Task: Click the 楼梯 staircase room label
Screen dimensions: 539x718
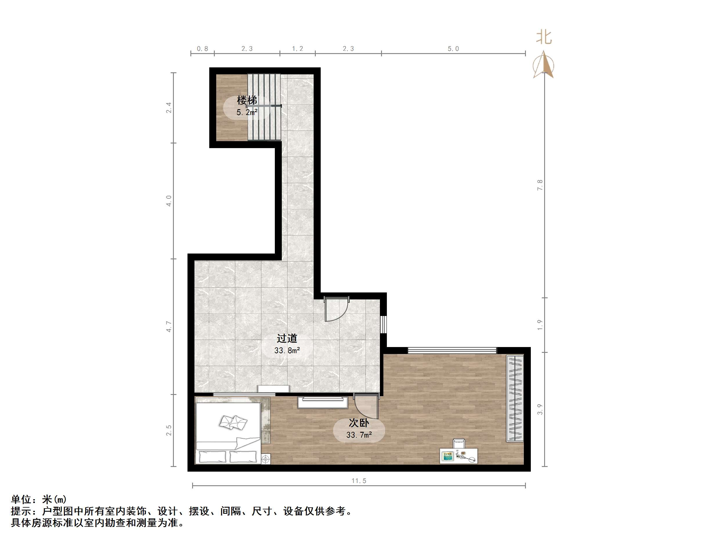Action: click(247, 100)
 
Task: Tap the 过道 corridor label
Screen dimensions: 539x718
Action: click(287, 338)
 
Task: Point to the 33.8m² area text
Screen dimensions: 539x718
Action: click(287, 351)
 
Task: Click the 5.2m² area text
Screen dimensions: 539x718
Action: click(247, 113)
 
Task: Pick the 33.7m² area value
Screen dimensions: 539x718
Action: click(359, 435)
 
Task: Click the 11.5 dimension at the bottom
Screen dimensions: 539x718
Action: click(359, 481)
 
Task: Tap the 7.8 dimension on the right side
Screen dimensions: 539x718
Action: click(540, 185)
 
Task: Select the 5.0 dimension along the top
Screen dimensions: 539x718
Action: click(453, 49)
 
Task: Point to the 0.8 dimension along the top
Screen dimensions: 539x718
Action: click(202, 49)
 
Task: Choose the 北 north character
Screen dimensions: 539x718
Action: click(544, 37)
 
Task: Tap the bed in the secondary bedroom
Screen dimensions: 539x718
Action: click(228, 433)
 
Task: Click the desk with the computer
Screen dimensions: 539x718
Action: click(458, 455)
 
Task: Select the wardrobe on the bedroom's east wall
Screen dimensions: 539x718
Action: click(515, 398)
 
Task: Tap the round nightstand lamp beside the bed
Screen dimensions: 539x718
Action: click(266, 459)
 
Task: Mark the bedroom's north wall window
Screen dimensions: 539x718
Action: click(452, 350)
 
